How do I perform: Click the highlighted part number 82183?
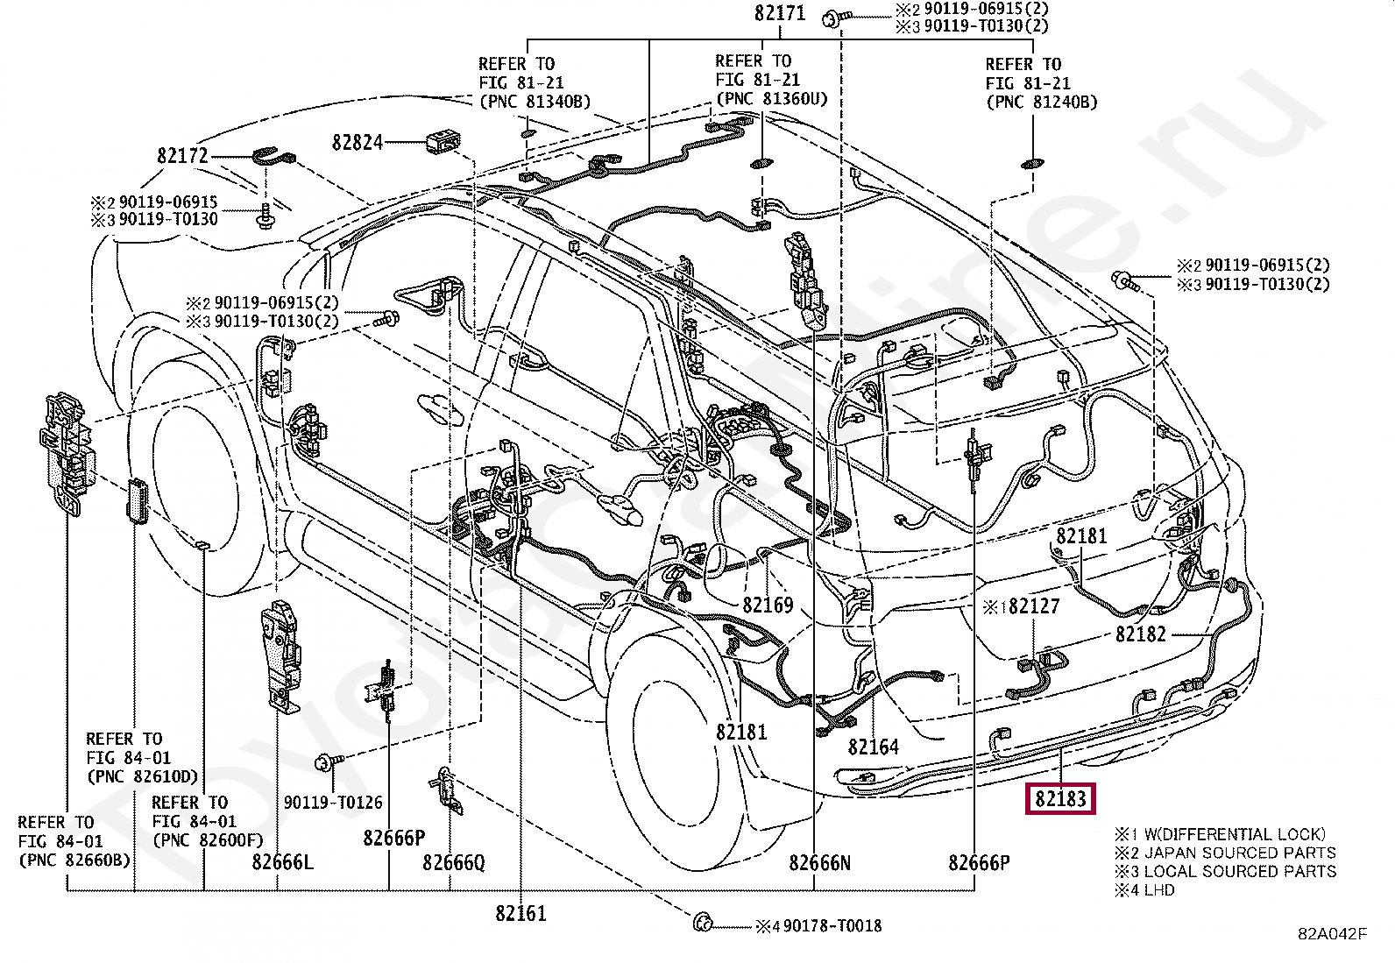tap(1060, 798)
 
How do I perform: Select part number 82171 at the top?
tap(780, 13)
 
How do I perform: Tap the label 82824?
tap(357, 143)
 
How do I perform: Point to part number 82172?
tap(182, 156)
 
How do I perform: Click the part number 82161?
tap(520, 913)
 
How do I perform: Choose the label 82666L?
tap(283, 862)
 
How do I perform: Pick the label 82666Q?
tap(453, 863)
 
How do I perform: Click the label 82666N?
tap(819, 863)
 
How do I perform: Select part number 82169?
tap(768, 605)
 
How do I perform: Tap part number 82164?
tap(873, 747)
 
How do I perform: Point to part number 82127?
tap(1034, 606)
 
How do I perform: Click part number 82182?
tap(1140, 634)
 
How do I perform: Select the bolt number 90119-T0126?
tap(333, 803)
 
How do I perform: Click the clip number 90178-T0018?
tap(832, 926)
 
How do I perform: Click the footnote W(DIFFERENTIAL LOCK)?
tap(1235, 834)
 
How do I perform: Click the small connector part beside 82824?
tap(443, 142)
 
